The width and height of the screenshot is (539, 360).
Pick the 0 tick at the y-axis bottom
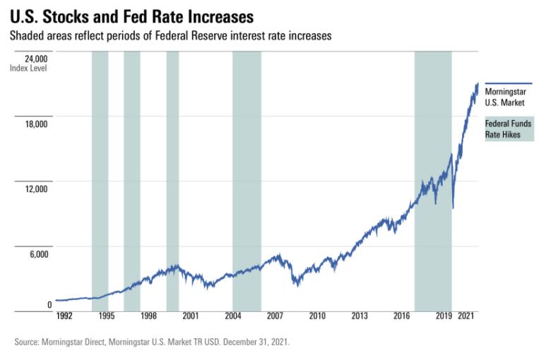(x=49, y=305)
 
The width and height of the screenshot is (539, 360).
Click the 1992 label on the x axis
(x=64, y=317)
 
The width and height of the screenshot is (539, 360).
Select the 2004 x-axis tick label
(x=232, y=317)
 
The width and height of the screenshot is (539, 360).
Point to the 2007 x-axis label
(x=275, y=317)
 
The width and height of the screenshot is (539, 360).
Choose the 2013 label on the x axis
(x=360, y=317)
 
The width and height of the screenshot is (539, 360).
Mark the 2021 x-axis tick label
(x=466, y=317)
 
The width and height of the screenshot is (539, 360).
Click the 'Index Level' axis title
(x=29, y=68)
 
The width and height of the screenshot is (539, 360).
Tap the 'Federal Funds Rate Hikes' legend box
(x=509, y=130)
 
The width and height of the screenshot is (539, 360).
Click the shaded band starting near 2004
(x=247, y=176)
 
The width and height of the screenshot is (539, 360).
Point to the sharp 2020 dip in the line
(x=453, y=207)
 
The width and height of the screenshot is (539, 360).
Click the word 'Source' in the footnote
(x=28, y=342)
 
